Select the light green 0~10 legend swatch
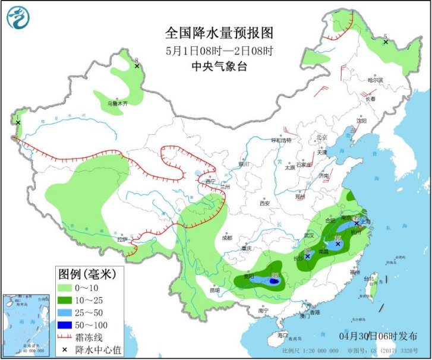point(67,288)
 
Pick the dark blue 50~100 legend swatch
point(67,324)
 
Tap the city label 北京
point(322,138)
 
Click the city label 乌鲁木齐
point(117,103)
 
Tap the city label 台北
point(368,277)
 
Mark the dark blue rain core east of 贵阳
point(273,282)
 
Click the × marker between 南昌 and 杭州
point(338,244)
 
